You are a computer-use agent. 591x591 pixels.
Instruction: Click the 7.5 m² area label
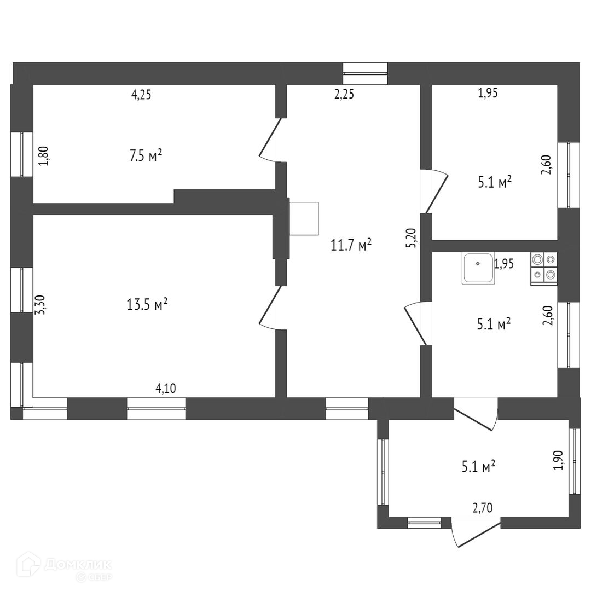(145, 156)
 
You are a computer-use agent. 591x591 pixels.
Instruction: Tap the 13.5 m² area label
(147, 304)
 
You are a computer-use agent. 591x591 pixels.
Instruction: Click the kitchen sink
(478, 268)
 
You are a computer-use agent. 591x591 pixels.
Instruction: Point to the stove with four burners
(543, 268)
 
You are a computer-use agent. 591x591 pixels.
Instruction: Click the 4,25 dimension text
(141, 94)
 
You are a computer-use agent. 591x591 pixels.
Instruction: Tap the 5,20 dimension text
(412, 238)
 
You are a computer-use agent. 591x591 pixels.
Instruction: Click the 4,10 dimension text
(166, 389)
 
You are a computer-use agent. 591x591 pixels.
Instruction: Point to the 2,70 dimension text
(483, 508)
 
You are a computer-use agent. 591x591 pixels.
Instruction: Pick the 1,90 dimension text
(558, 460)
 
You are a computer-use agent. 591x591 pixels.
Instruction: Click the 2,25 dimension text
(344, 94)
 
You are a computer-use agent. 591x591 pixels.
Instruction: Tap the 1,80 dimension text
(44, 155)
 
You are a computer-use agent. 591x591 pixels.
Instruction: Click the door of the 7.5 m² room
(270, 140)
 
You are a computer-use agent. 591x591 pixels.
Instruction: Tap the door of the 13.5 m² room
(270, 308)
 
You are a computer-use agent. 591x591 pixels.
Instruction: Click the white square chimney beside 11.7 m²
(304, 218)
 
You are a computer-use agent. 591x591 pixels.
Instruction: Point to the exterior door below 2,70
(475, 533)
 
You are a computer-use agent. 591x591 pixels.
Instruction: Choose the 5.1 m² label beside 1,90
(479, 466)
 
